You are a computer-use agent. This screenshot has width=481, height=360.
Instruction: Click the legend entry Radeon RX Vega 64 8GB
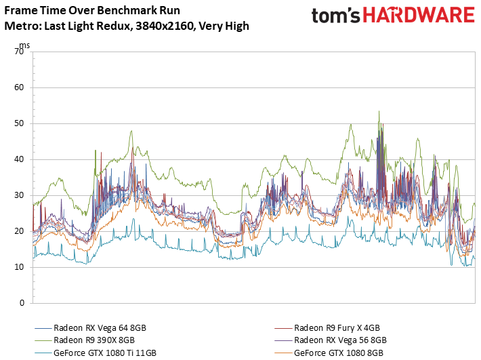[91, 327]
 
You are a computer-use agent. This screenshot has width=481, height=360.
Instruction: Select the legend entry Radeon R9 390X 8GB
[85, 340]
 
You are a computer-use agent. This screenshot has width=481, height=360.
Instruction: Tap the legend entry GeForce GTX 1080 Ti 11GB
[96, 353]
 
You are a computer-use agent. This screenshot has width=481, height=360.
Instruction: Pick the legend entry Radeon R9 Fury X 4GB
[327, 327]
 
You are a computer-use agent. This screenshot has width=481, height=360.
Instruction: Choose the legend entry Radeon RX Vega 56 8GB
[331, 340]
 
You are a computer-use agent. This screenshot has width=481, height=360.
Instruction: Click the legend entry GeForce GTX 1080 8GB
[329, 353]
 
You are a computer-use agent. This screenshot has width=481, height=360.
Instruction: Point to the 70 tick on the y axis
[19, 52]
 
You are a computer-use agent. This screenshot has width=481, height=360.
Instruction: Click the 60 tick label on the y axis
[19, 87]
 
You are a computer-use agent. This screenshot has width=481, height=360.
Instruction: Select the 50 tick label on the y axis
[19, 123]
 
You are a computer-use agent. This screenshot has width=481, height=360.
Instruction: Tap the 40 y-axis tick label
[19, 159]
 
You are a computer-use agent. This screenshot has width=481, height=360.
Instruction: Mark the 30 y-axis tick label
[19, 195]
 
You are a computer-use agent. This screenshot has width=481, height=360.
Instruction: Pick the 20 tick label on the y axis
[19, 231]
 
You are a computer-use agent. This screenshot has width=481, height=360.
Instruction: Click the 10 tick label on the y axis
[19, 267]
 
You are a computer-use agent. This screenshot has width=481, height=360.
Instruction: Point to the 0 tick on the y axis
[22, 303]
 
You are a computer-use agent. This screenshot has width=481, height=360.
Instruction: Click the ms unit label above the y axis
[24, 45]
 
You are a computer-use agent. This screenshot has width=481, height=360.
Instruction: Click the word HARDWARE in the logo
[419, 15]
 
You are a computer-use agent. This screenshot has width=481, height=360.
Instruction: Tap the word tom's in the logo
[335, 16]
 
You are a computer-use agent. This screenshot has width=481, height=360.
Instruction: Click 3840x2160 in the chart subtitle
[165, 26]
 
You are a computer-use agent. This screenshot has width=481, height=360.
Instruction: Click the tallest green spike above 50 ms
[379, 112]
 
